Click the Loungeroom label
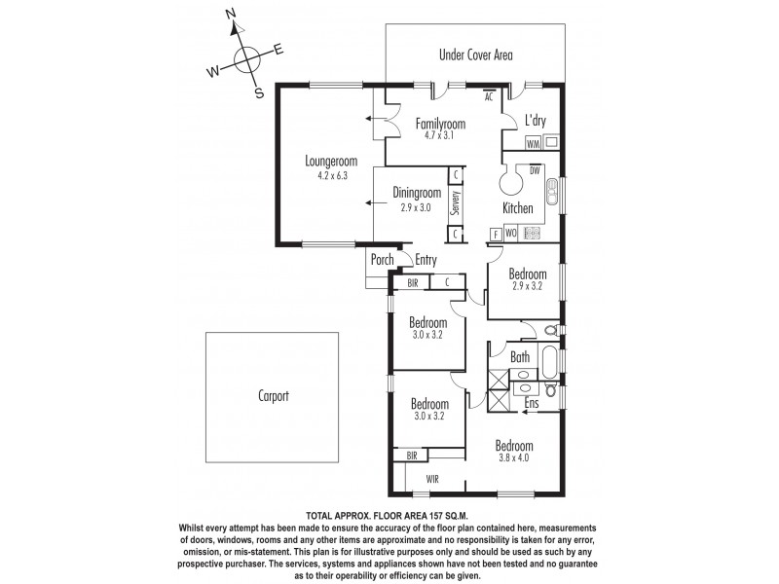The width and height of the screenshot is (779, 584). (x=331, y=162)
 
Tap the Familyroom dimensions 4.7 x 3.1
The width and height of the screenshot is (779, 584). (x=440, y=137)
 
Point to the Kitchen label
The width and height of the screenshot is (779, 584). (x=517, y=208)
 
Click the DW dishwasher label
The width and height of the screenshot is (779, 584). (x=535, y=171)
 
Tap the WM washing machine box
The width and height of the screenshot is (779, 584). (x=533, y=143)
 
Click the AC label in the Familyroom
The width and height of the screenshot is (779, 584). (x=489, y=95)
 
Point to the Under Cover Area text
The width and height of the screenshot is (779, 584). (x=474, y=55)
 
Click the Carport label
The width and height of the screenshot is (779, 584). (x=274, y=397)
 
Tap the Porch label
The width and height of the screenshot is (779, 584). (x=381, y=260)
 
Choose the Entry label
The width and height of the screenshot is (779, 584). (x=426, y=260)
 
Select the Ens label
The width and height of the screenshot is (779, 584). (x=533, y=402)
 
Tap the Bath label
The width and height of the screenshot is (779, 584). (x=519, y=358)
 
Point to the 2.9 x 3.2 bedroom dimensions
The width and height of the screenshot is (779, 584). (x=527, y=286)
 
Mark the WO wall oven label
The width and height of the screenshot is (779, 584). (x=511, y=234)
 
